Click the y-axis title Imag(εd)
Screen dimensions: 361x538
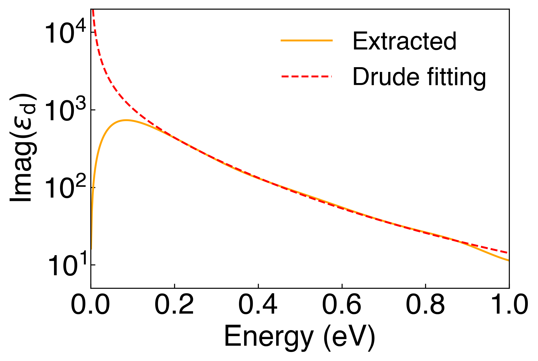[x=23, y=148]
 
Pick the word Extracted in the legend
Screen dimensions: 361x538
[x=404, y=41]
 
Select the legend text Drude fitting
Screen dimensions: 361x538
[x=419, y=77]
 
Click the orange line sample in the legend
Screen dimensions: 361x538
[x=307, y=40]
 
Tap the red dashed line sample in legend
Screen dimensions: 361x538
[x=307, y=77]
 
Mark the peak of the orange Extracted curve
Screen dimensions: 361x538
[x=126, y=120]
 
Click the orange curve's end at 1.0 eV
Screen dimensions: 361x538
[x=508, y=261]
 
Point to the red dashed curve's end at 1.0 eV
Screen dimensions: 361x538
[x=508, y=253]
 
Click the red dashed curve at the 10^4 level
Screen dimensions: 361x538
[x=95, y=33]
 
